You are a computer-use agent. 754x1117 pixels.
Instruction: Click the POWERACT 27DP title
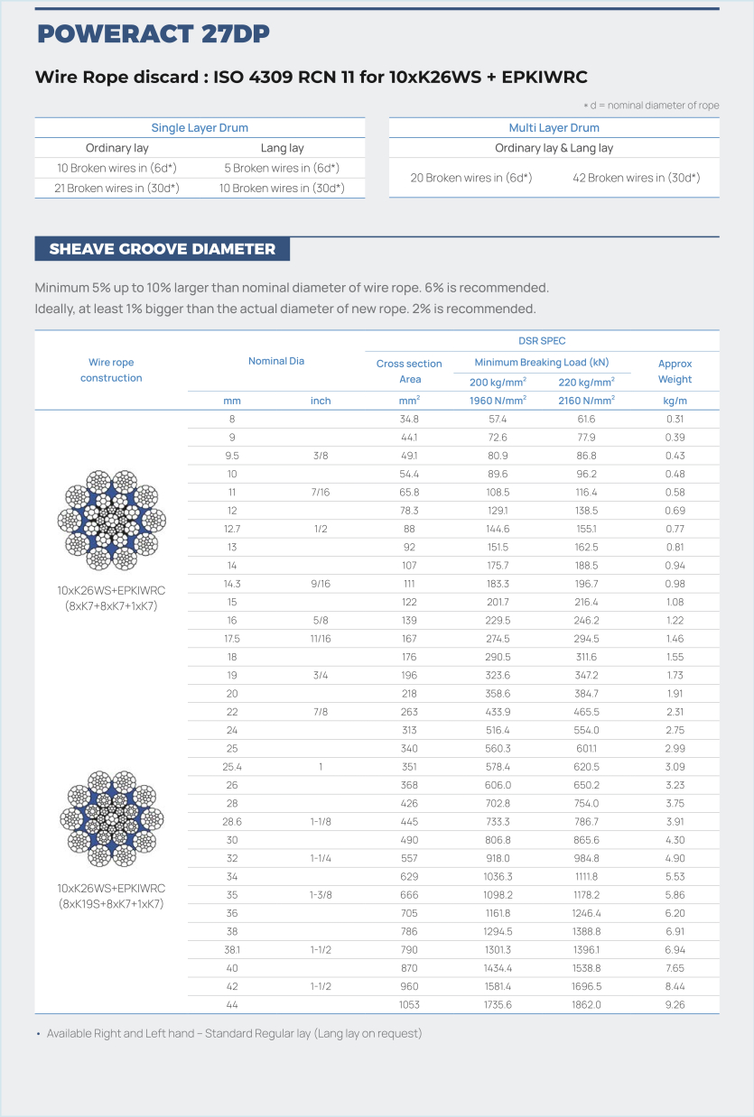point(154,34)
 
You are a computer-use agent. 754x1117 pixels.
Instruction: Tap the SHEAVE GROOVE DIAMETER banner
point(163,249)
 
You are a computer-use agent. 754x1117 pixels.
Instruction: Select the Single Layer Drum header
point(200,128)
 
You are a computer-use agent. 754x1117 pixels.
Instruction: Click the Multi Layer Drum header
point(554,128)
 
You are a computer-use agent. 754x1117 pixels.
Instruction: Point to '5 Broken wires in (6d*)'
point(282,168)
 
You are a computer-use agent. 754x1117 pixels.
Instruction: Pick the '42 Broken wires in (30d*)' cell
point(636,178)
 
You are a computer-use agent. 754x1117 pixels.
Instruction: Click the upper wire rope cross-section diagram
point(111,521)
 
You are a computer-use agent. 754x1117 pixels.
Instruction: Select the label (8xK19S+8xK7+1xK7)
point(111,903)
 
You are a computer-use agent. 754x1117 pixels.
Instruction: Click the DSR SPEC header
point(542,341)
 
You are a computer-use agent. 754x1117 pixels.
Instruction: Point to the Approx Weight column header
point(675,372)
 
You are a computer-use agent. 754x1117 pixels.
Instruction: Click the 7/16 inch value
point(321,493)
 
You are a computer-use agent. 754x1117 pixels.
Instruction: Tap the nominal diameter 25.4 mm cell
point(233,767)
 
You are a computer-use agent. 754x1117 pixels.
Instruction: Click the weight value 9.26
point(675,1004)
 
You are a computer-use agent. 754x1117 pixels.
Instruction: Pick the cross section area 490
point(410,840)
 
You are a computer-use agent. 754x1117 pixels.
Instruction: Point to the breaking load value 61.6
point(586,420)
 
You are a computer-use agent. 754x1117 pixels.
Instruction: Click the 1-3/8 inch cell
point(321,895)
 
